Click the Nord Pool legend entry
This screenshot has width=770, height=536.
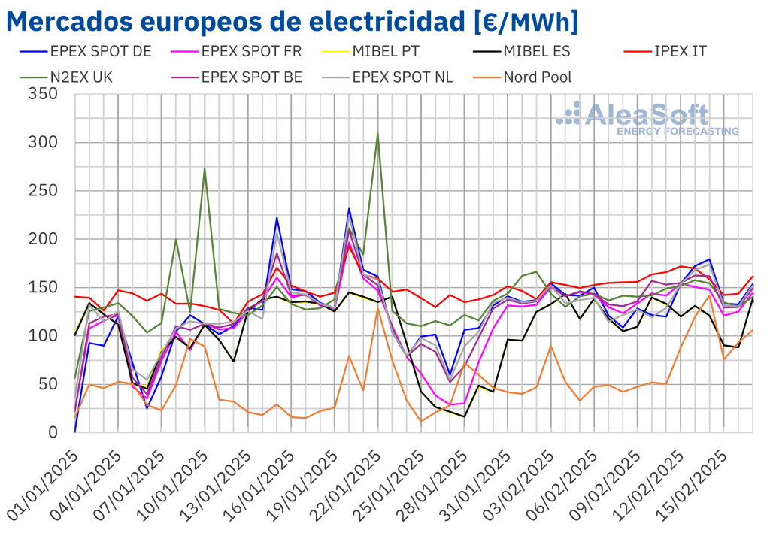coord(537,77)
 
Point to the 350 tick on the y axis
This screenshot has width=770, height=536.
coord(44,95)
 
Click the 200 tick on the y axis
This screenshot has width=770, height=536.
coord(44,239)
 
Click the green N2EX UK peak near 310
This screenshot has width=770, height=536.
coord(377,134)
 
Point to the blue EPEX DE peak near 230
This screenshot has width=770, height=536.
coord(349,209)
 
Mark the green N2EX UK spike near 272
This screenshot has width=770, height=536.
coord(205,168)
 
